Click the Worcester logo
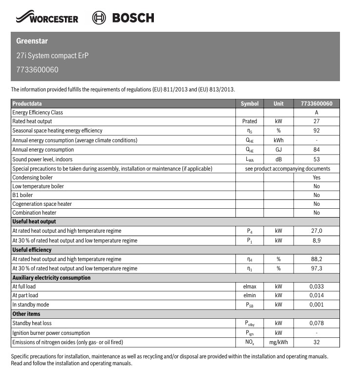click(x=47, y=18)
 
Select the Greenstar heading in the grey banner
click(x=32, y=41)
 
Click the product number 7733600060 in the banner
click(x=37, y=69)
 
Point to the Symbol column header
click(x=250, y=104)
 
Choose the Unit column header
click(x=278, y=104)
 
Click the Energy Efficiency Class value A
click(x=317, y=112)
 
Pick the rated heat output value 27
click(x=317, y=121)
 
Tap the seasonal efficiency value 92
click(x=317, y=131)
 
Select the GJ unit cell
click(x=278, y=150)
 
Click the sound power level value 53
click(x=317, y=159)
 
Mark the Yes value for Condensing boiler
click(x=317, y=177)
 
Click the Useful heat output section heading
click(x=34, y=221)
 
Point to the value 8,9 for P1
click(x=316, y=241)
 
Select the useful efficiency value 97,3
click(x=316, y=268)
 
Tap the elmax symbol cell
click(x=249, y=287)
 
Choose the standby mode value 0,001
click(x=317, y=305)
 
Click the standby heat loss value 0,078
click(x=317, y=323)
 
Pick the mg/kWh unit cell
click(x=278, y=342)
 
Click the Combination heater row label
click(x=34, y=213)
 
